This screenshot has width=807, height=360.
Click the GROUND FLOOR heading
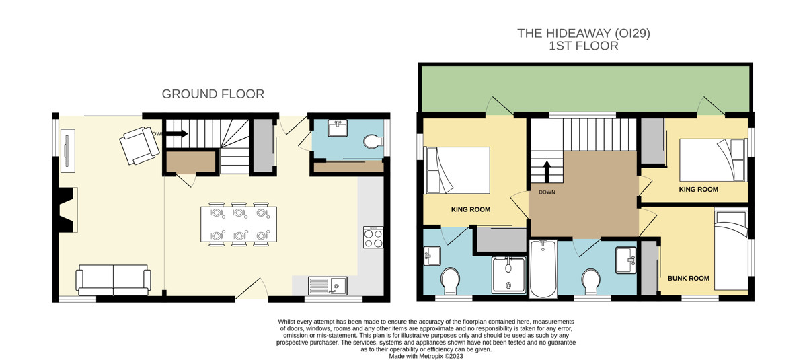213,94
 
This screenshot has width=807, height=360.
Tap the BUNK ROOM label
689,278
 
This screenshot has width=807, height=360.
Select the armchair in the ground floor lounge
139,145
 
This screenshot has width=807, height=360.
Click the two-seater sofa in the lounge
113,280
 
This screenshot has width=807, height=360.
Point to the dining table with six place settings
239,224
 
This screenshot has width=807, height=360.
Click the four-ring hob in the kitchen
373,237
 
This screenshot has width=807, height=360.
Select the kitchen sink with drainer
328,286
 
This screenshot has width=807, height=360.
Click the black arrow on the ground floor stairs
177,134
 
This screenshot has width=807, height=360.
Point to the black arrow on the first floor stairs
547,172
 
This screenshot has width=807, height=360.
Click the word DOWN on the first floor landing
547,192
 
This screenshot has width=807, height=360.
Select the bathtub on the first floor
543,269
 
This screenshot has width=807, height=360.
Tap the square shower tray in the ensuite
508,275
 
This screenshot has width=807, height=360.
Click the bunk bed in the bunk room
732,249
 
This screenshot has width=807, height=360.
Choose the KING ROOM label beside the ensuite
471,209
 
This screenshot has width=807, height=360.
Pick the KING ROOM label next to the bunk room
698,190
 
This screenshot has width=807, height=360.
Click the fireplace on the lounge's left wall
67,210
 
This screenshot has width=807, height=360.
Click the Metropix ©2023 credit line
426,356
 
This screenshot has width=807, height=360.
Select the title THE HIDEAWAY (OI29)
584,34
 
